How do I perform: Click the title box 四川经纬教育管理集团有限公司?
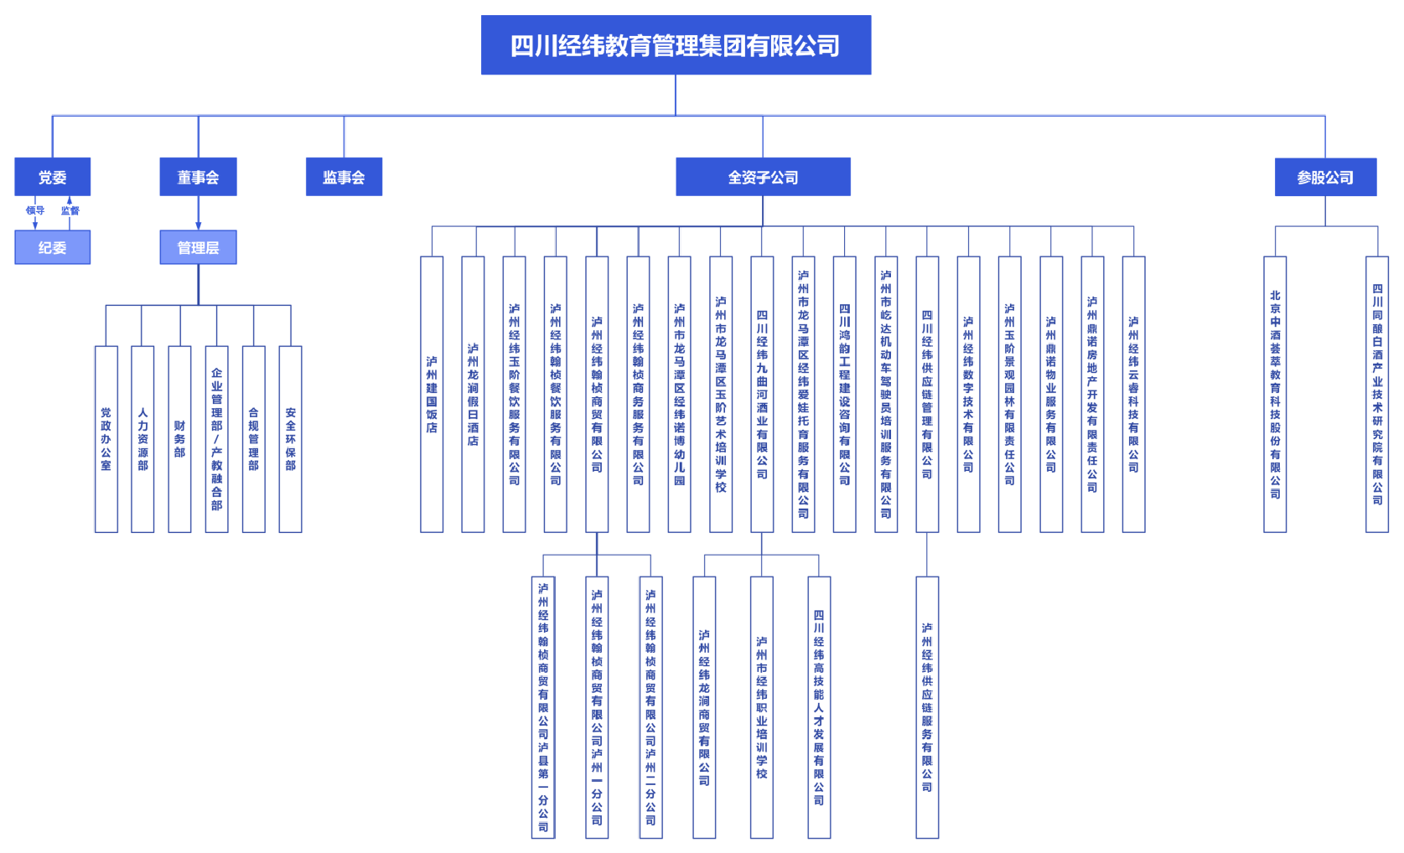(676, 45)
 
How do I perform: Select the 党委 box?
(52, 177)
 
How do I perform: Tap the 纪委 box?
(52, 247)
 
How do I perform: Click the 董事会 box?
(198, 177)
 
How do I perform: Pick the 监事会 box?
(344, 177)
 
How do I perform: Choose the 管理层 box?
(198, 247)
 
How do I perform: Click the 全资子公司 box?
(763, 177)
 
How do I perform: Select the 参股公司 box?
(1325, 177)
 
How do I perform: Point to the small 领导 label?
(34, 210)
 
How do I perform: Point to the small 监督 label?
(70, 210)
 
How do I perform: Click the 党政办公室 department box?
(106, 438)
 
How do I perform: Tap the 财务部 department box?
(179, 438)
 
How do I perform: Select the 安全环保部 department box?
(290, 438)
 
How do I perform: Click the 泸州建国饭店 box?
(432, 394)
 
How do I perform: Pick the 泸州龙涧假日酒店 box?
(473, 394)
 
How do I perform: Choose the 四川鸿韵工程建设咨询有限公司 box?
(844, 394)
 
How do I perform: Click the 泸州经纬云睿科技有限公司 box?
(1133, 394)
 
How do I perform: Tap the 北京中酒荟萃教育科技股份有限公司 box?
(1275, 394)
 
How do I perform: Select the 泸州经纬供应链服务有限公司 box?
(927, 706)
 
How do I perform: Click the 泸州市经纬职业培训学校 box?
(761, 706)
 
